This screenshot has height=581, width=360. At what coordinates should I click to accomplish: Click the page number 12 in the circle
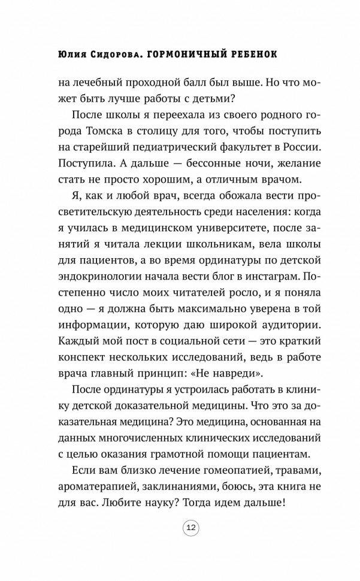tap(191, 544)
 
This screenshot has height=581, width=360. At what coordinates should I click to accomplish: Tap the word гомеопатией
tap(214, 465)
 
